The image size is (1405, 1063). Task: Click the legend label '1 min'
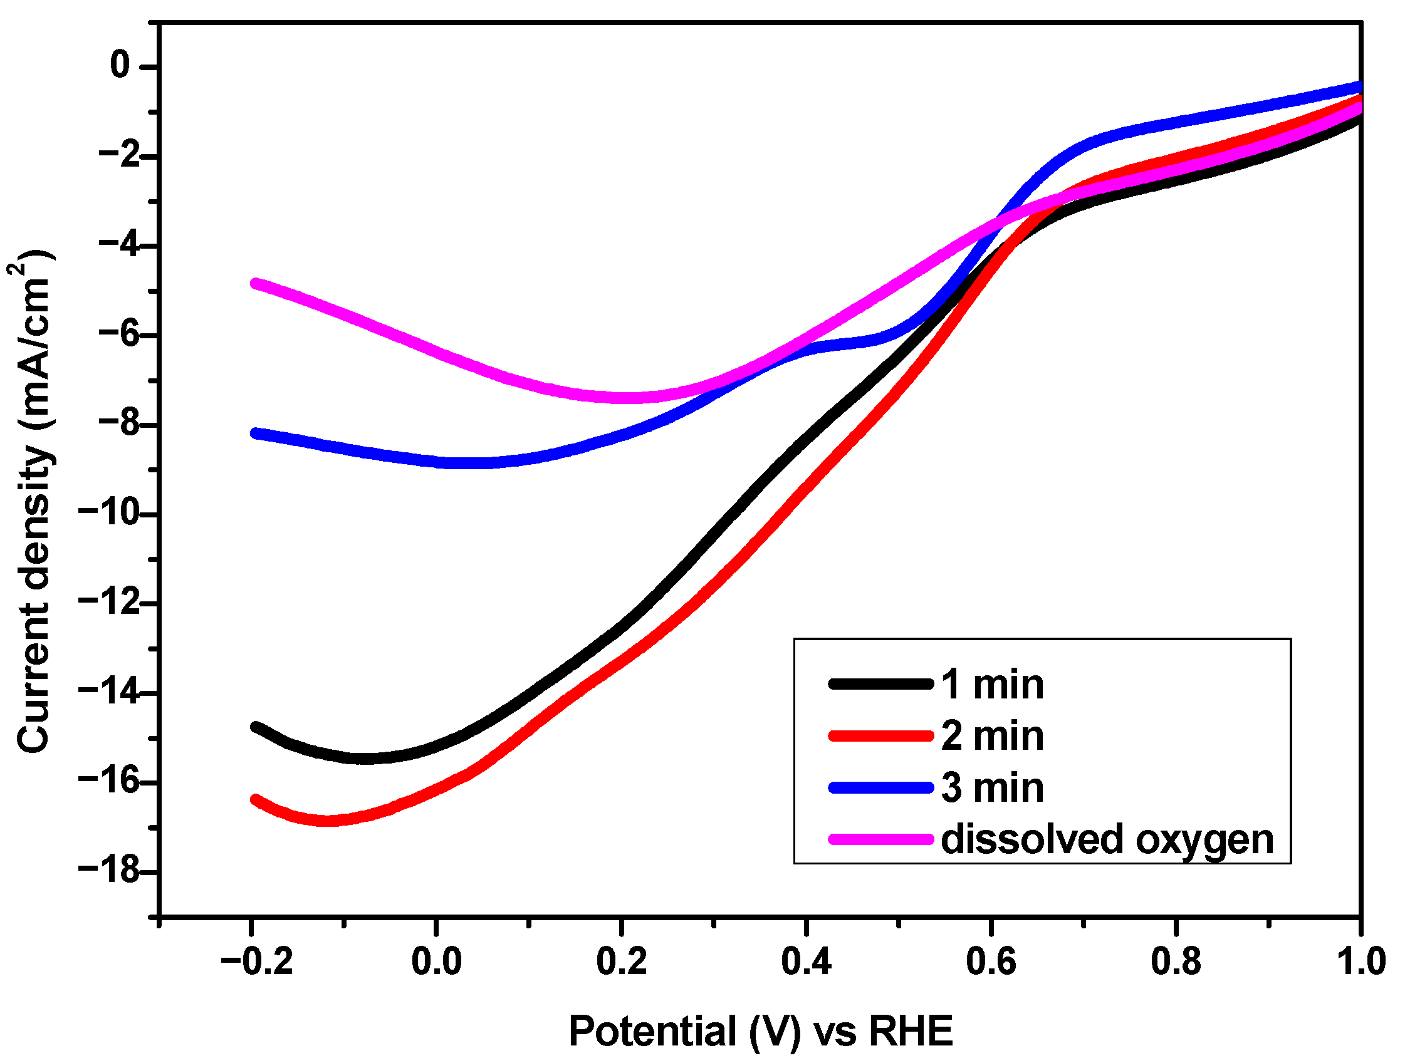[x=992, y=685]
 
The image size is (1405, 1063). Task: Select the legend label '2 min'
[x=992, y=737]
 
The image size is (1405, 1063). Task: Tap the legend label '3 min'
[x=992, y=788]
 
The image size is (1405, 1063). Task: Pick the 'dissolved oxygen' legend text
[x=1107, y=839]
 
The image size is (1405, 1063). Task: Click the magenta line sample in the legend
[x=880, y=839]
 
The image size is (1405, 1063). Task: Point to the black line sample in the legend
[x=880, y=684]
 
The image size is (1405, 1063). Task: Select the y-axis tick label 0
[x=120, y=65]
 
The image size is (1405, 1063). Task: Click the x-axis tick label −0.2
[x=256, y=962]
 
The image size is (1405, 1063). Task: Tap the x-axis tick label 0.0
[x=436, y=962]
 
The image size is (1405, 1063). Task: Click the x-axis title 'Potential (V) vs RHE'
[x=760, y=1030]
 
